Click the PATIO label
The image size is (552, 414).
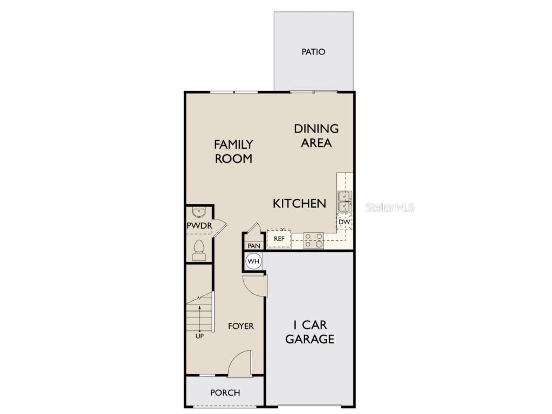click(313, 52)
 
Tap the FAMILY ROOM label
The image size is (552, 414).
click(233, 151)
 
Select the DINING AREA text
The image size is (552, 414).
click(316, 136)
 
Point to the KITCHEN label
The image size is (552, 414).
click(299, 203)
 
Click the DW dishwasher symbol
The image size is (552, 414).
click(344, 222)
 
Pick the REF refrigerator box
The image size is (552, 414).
click(279, 238)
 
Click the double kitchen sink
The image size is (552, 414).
click(344, 201)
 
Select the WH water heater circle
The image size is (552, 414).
click(253, 261)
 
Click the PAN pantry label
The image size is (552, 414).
click(254, 246)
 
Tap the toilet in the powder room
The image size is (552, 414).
click(198, 250)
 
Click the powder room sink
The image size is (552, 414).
click(198, 212)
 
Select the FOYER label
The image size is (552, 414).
click(240, 326)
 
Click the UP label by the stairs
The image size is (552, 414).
click(199, 335)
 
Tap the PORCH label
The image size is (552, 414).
click(225, 393)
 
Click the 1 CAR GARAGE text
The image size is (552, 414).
click(309, 332)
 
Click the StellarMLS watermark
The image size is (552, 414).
click(390, 207)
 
